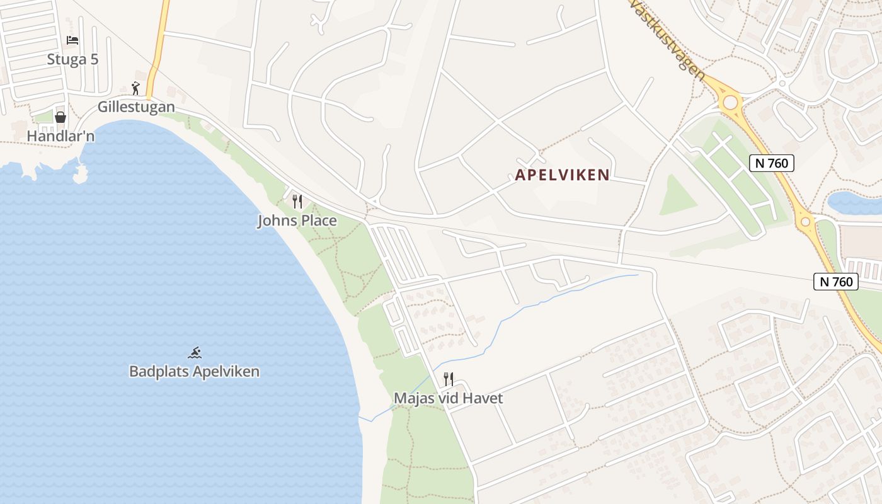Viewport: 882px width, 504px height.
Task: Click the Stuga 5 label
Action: pos(72,59)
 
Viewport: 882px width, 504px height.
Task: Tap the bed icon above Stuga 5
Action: pos(72,41)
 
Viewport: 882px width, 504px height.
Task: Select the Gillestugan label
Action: pos(136,107)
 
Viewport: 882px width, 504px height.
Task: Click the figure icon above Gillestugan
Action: pos(135,88)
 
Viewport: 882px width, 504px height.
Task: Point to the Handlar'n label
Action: pos(60,136)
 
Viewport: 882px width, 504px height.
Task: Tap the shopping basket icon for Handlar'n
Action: pos(60,117)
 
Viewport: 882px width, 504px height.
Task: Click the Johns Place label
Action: pos(297,221)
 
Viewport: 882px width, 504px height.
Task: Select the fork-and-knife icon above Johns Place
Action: pos(297,202)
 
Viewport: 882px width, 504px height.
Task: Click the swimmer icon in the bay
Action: pos(195,353)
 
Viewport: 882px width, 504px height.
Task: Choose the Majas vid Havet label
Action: pos(448,398)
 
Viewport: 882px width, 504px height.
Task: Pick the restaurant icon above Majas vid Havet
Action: pos(448,379)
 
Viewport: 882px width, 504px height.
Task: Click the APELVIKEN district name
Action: pos(563,175)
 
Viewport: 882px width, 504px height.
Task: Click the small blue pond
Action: pos(854,203)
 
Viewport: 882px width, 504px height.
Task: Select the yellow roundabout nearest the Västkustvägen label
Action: pos(731,102)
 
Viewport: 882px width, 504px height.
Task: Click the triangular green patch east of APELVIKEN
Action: pos(675,197)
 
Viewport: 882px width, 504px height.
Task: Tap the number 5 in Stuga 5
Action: pos(94,59)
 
